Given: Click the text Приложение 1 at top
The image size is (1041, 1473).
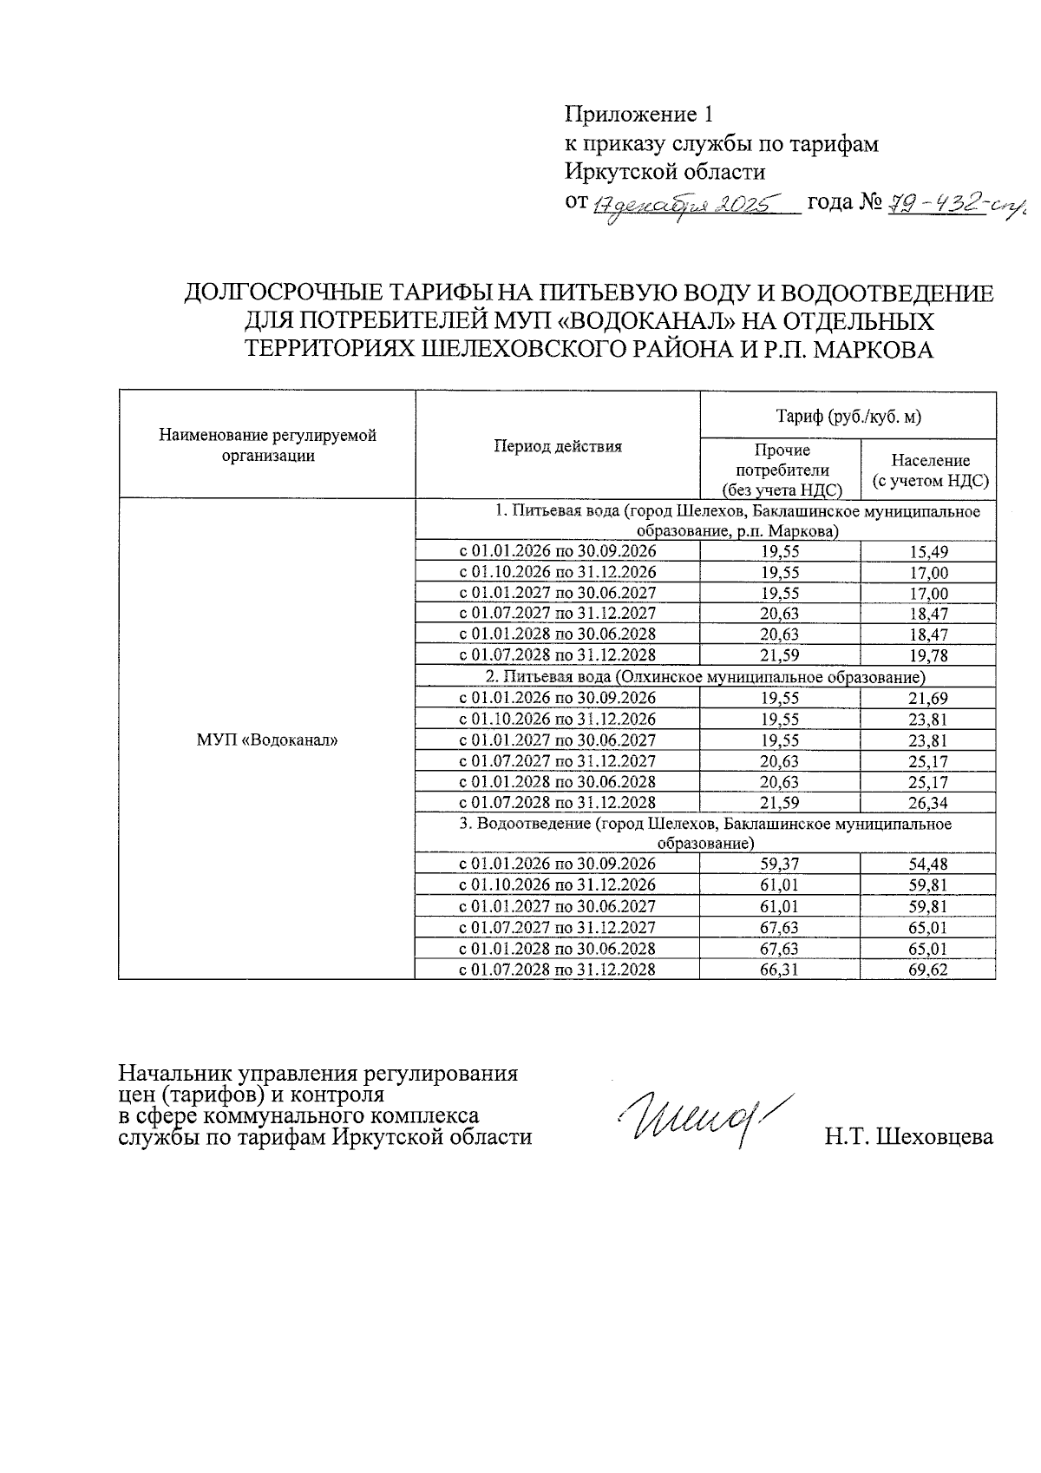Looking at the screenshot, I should pos(638,115).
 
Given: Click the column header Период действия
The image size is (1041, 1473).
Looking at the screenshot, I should pos(558,447).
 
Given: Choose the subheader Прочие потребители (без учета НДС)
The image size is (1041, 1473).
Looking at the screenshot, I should pos(782,470).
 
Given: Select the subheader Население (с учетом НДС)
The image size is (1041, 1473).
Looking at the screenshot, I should pos(930,470).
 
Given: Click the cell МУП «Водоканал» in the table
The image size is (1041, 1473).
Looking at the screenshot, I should pos(266,740).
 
